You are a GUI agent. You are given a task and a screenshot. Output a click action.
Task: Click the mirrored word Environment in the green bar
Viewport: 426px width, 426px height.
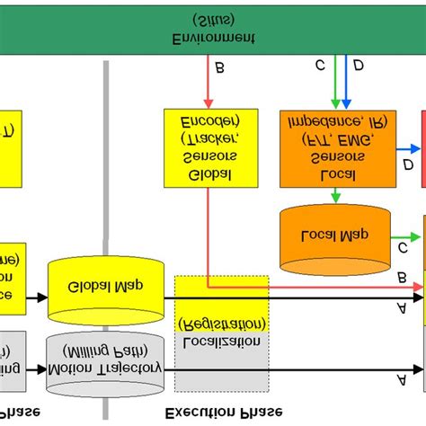click(213, 39)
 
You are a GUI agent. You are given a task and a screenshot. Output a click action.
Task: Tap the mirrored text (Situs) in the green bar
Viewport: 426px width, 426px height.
click(213, 19)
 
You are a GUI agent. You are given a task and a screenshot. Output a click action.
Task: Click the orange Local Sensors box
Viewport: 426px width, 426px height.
click(337, 148)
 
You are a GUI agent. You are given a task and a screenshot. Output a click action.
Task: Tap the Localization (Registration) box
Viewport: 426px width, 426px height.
click(221, 333)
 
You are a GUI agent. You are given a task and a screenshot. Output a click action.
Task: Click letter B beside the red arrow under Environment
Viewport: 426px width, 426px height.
click(221, 67)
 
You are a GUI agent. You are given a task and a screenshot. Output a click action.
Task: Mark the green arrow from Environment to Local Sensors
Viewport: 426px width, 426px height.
click(335, 85)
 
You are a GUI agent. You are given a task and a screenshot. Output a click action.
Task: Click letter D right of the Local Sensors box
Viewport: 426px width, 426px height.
click(408, 165)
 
